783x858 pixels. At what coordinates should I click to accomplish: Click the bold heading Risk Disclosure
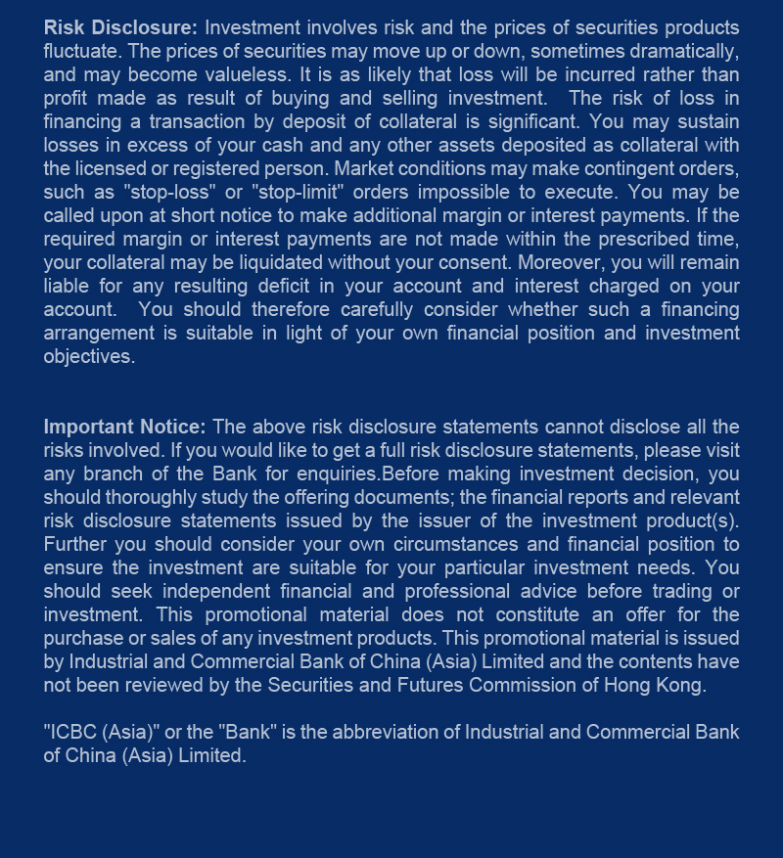coord(120,27)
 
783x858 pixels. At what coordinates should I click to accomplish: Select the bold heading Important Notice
coord(124,427)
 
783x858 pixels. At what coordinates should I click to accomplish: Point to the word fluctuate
coord(81,51)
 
